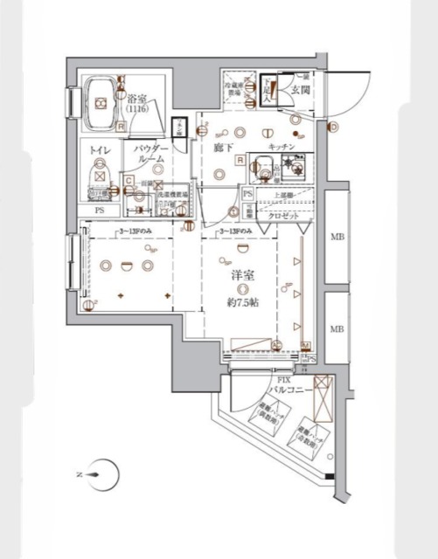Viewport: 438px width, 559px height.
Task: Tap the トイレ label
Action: pos(99,151)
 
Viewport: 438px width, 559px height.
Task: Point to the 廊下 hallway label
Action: pos(224,149)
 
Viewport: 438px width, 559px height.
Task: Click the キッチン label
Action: pos(281,147)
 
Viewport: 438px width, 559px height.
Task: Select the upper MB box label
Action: pos(336,236)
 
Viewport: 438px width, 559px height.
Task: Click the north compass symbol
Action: pos(101,475)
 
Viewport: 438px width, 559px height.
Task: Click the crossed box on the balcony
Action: pos(323,386)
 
